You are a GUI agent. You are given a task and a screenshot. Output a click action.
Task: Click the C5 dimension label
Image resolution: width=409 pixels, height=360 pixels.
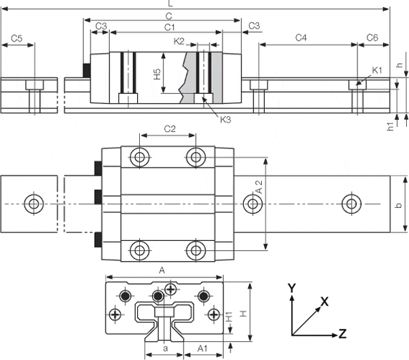17,39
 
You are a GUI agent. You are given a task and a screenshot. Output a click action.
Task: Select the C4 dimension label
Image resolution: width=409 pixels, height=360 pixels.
301,38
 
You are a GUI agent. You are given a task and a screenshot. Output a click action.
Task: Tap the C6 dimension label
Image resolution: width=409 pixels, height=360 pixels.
372,38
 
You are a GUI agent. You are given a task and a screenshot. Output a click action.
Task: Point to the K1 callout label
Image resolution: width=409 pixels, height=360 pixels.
377,70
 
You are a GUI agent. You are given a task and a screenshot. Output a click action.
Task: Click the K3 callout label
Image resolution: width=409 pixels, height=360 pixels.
225,120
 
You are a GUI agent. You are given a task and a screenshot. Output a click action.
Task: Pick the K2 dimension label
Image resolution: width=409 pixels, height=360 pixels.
179,41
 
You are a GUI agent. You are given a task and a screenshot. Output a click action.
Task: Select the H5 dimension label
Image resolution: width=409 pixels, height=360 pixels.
157,74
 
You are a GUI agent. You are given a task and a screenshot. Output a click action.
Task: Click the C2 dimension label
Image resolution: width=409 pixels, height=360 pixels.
170,129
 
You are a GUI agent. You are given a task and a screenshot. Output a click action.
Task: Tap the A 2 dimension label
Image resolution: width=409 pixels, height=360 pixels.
259,186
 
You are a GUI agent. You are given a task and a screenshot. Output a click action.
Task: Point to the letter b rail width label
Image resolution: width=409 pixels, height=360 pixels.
399,205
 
